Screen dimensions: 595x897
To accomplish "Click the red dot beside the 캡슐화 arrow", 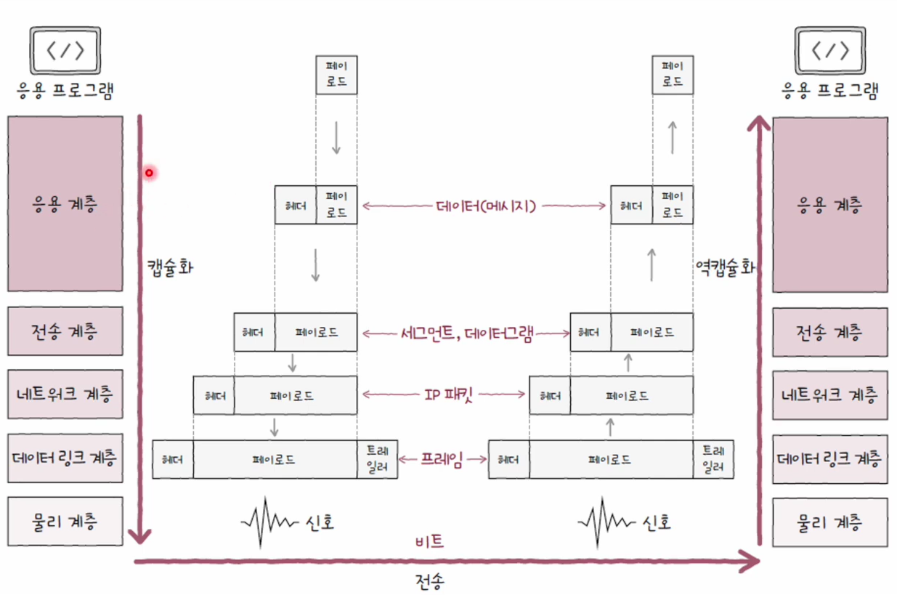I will point(150,173).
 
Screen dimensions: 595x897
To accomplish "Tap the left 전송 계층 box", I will point(65,331).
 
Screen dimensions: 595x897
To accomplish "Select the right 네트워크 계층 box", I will point(829,394).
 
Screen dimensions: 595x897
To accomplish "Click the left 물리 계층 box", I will point(65,521).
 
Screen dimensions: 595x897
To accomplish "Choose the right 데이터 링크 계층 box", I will point(829,458).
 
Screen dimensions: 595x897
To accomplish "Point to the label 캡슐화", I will point(170,266).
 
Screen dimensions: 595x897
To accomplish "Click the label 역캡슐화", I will point(724,266).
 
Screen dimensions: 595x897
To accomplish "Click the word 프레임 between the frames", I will point(442,459).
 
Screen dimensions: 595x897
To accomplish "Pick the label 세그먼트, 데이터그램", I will point(466,333).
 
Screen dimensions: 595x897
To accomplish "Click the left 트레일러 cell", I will point(378,459).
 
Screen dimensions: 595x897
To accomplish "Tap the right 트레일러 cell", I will point(713,459).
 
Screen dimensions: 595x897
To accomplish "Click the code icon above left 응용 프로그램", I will point(65,51).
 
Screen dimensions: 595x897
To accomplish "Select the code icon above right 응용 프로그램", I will point(829,51).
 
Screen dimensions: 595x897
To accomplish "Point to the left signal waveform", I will point(267,521).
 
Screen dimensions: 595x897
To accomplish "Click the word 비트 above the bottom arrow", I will point(429,541).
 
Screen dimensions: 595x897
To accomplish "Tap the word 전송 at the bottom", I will point(430,581).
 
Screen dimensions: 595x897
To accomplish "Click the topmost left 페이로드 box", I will point(336,74).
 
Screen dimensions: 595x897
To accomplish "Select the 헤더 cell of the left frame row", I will point(173,459).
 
